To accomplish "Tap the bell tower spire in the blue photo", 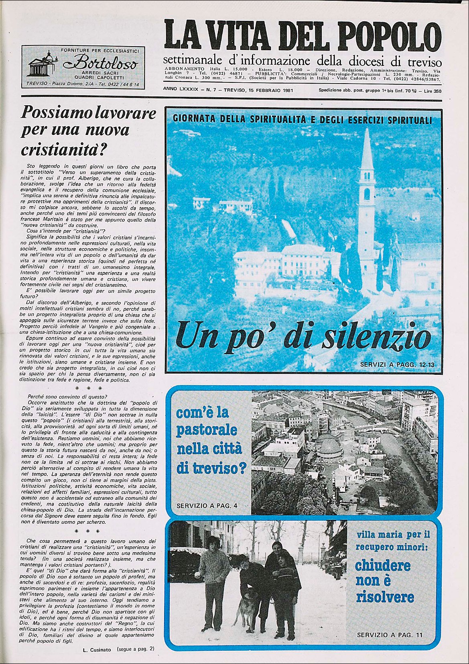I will tap(367, 151).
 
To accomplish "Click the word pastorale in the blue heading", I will tap(207, 430).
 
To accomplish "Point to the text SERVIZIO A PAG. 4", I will tap(207, 505).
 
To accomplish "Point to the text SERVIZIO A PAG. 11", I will tap(390, 635).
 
